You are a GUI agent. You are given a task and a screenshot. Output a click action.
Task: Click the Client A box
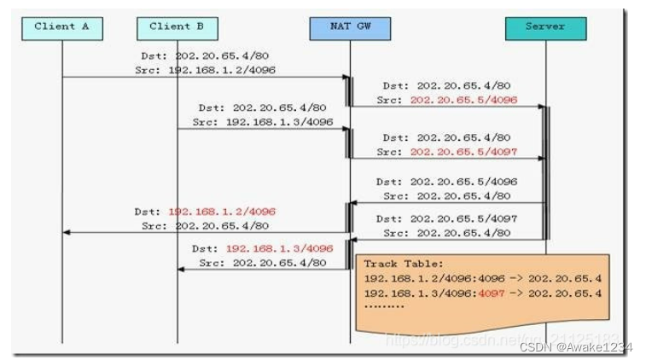(x=61, y=27)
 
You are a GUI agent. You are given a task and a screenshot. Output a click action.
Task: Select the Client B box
(x=178, y=27)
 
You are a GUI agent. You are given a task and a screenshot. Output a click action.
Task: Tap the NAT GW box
(x=350, y=27)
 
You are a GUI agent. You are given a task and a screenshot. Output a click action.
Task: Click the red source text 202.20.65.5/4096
(x=464, y=100)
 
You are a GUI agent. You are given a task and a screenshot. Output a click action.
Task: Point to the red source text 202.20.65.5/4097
(x=464, y=152)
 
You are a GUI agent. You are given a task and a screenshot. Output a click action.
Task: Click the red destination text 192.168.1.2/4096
(x=222, y=211)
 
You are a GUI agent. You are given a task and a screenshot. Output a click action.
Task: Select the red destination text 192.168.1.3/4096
(x=279, y=248)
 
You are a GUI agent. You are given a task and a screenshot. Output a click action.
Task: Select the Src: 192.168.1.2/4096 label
(x=205, y=70)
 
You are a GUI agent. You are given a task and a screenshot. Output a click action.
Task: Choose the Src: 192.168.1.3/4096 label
(x=263, y=122)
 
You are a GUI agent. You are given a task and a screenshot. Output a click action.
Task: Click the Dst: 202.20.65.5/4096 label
(x=447, y=182)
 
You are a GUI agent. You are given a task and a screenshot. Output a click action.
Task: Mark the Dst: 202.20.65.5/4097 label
(x=447, y=219)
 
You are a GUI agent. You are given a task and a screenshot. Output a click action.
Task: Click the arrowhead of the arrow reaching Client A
(x=66, y=232)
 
